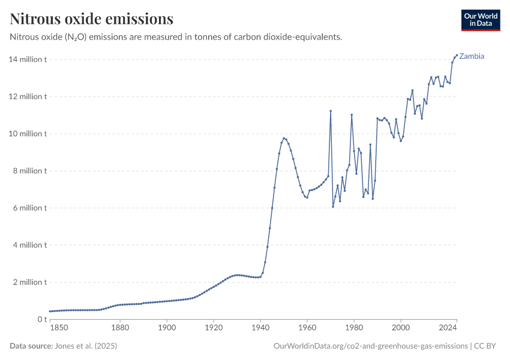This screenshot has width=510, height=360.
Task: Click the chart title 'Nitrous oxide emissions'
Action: [92, 19]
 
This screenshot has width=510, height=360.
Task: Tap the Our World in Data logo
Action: [481, 20]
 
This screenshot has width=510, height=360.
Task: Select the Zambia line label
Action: [472, 56]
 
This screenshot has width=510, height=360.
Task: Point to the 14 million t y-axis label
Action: [27, 59]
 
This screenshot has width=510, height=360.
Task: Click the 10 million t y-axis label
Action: [27, 134]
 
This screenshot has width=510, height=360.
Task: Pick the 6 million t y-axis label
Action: [29, 208]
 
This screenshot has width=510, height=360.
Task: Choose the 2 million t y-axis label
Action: [29, 282]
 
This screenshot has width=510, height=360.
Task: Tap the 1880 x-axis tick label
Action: [120, 328]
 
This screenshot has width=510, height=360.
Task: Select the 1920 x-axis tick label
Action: [214, 328]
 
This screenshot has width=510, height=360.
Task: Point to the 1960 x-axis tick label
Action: [307, 328]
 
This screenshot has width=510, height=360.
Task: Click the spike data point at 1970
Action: [331, 111]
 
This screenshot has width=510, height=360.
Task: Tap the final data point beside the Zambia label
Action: [457, 55]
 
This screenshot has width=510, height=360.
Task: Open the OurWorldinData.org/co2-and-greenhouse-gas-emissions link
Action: [370, 346]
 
